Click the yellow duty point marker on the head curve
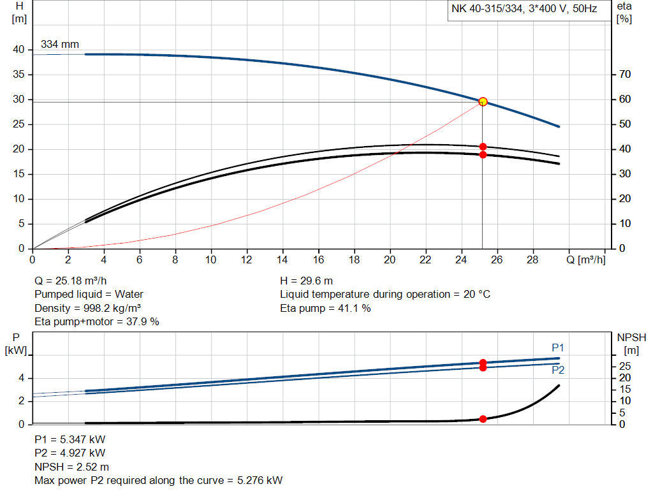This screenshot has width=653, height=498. coord(483,101)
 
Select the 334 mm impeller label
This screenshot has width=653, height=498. coord(60,45)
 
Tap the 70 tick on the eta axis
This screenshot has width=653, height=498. coord(625,75)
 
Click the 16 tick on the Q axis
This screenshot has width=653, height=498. coord(318,260)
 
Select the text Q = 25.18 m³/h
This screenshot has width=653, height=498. coord(71,281)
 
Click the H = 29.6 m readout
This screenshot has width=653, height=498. coord(306,281)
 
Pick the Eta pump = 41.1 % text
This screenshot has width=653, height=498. coord(325,308)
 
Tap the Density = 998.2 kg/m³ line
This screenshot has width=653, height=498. coord(87,308)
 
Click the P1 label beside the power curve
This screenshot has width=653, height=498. coord(558,348)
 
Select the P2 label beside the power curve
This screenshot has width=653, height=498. coord(558,370)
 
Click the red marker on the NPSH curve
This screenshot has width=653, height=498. coord(483,419)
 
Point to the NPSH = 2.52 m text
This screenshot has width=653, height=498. coord(72,467)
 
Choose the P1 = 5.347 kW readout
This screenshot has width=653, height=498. coord(70,440)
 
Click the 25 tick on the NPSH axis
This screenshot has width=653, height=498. coord(625,366)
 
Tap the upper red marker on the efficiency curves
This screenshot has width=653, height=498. coord(483,147)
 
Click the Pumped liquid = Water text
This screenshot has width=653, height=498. coord(89,295)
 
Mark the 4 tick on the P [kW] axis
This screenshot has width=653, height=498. coord(21,378)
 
